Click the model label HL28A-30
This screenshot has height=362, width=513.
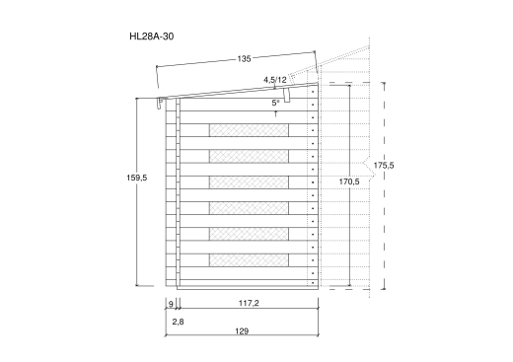coord(152,36)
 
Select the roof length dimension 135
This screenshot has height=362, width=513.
coord(244,59)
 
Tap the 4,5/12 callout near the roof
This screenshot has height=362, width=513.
coord(275,80)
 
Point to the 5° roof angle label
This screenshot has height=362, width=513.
coord(275,103)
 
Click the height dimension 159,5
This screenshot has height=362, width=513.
coord(137,178)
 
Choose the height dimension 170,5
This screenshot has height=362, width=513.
coord(349,181)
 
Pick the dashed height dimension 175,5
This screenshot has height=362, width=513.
coord(384,166)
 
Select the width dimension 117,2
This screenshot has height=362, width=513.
coord(249,303)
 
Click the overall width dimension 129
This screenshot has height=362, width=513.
coord(242,331)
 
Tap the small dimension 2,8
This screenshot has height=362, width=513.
coord(178,322)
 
